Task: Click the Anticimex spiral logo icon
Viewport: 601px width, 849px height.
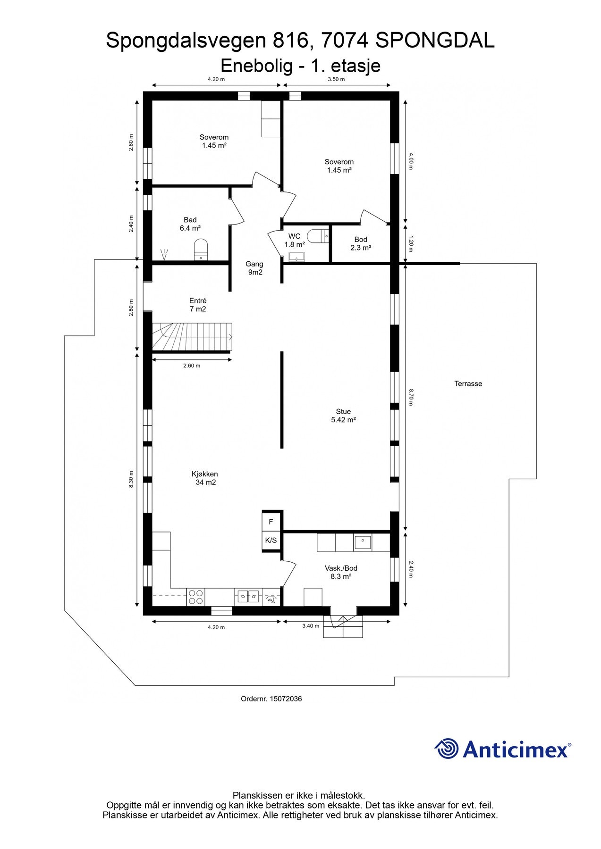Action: pos(447,749)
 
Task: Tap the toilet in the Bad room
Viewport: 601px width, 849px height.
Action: pos(201,250)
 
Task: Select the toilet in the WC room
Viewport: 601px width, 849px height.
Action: pos(318,236)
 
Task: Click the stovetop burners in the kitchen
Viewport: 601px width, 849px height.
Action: pos(196,597)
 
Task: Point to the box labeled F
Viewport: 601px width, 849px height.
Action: pos(271,522)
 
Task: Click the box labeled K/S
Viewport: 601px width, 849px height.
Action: pos(271,541)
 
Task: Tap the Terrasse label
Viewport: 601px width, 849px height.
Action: pos(468,384)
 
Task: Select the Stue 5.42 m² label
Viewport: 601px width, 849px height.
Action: pos(343,416)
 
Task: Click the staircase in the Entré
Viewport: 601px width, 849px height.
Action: pos(191,337)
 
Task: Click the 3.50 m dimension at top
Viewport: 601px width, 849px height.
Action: pos(336,79)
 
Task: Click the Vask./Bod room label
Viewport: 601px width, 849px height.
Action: pos(341,572)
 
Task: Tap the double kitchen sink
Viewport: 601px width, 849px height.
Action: pos(248,597)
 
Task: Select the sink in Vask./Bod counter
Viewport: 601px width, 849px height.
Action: pos(363,542)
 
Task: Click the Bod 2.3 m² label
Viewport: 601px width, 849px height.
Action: pos(360,243)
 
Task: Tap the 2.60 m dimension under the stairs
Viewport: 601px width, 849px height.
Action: pos(192,366)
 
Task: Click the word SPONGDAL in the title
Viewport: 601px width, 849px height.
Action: pos(435,41)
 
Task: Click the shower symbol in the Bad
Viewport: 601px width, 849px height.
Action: pos(164,255)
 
